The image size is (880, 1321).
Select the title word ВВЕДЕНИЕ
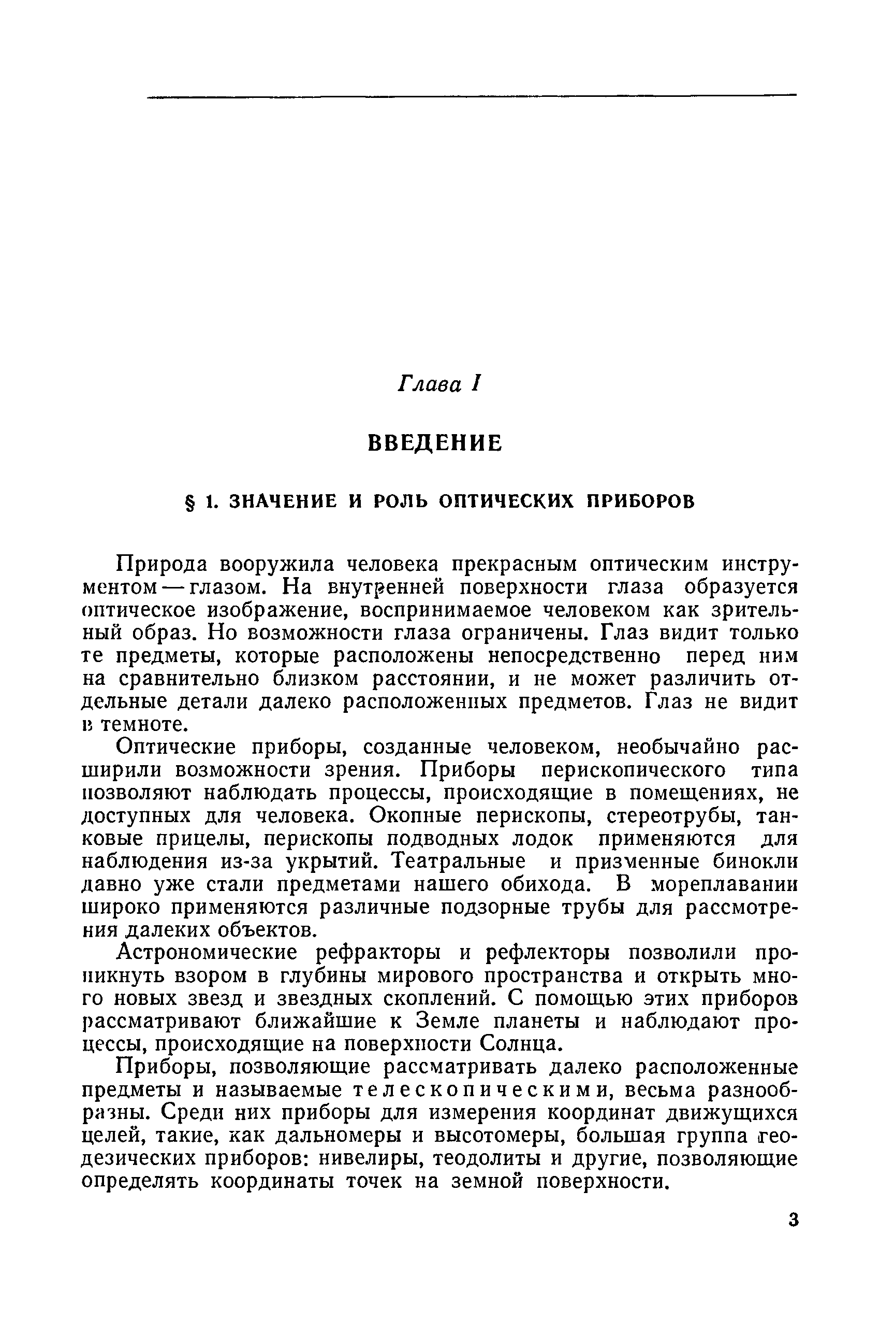point(435,443)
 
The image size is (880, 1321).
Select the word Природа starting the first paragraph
point(162,563)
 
